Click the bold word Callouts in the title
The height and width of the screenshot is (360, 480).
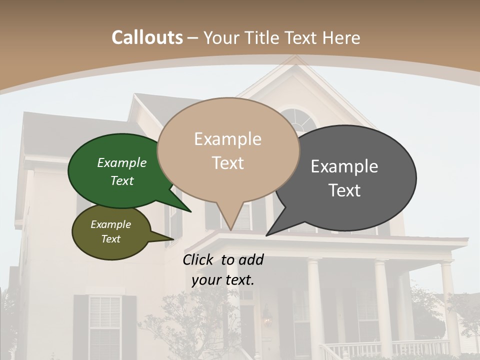(147, 37)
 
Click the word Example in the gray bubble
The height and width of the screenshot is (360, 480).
(344, 166)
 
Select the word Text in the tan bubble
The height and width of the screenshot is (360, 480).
(228, 163)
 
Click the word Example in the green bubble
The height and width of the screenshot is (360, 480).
(121, 162)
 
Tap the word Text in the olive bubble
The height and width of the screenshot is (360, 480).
(110, 239)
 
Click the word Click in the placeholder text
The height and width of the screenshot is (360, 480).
(199, 259)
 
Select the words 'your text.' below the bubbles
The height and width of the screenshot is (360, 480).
(222, 279)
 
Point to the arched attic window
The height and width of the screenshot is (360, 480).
(298, 120)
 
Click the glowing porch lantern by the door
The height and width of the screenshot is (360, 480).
(267, 319)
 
